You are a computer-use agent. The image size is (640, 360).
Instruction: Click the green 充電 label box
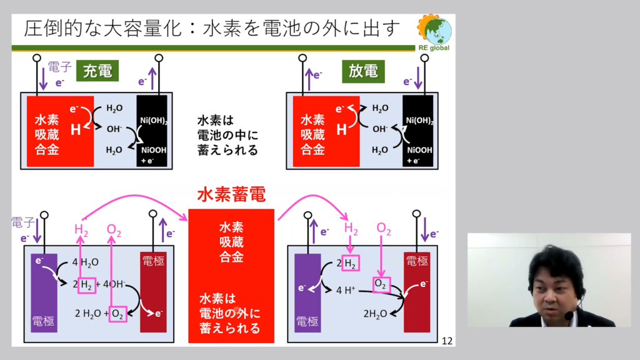97,71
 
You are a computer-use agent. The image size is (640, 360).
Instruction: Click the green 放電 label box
363,71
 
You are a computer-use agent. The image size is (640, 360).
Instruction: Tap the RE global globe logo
435,30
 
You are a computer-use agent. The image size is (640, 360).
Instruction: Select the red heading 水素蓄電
231,195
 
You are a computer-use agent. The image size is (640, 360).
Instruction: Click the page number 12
447,341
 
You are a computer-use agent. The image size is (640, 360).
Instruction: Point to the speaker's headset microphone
567,316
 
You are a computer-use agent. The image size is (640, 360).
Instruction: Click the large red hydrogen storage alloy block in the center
231,276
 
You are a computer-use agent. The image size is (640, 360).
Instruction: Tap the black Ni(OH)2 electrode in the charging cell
152,131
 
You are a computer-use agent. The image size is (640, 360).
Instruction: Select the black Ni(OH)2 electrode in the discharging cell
418,131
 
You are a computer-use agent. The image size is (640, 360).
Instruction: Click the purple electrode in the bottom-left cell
44,292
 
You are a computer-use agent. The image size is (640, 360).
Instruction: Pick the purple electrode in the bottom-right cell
307,292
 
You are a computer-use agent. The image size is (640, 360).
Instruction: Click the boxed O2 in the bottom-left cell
117,314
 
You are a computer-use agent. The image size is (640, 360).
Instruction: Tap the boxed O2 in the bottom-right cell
382,284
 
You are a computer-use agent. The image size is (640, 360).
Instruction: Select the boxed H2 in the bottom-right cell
351,263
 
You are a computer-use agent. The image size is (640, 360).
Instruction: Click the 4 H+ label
346,290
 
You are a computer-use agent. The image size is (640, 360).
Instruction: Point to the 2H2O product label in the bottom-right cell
375,314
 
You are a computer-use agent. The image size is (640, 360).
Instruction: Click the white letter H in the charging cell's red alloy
76,130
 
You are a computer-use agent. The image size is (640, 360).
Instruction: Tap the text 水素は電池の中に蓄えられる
227,135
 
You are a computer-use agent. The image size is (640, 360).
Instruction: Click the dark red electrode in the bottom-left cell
153,292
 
